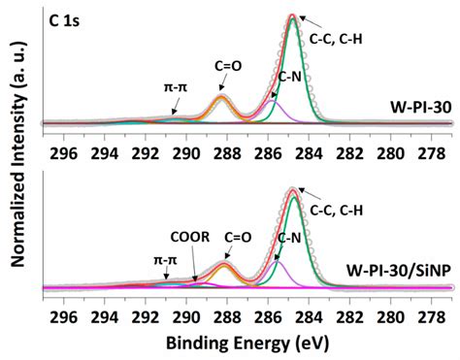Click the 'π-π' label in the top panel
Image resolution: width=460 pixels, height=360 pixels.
176,86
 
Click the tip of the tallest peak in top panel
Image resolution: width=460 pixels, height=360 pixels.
293,16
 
